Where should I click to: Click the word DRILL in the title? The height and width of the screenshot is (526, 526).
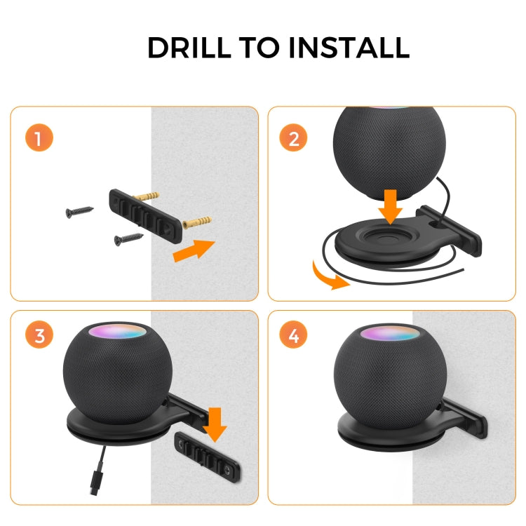point(187,48)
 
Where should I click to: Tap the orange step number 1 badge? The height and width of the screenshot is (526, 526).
point(39,137)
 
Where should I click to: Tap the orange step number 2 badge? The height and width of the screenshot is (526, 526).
point(293,137)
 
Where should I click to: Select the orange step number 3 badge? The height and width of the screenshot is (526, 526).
point(39,335)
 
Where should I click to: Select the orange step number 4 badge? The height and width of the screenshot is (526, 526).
point(293,335)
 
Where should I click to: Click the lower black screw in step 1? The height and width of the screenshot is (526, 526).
point(129,239)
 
